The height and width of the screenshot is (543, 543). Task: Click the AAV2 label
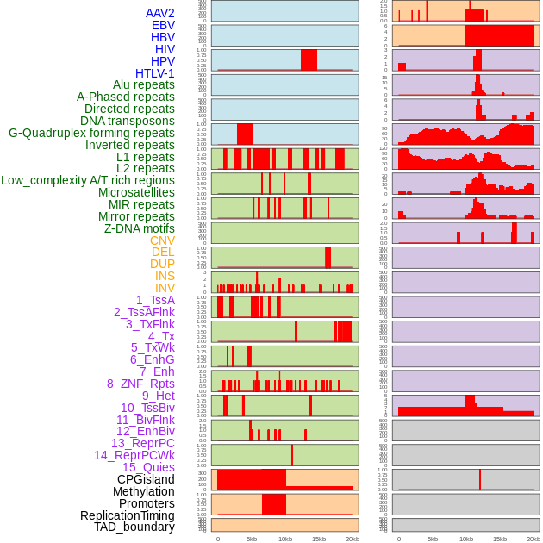click(159, 13)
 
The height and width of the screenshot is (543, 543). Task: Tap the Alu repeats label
click(144, 84)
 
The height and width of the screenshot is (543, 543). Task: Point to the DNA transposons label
click(128, 121)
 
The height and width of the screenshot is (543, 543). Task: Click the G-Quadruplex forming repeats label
click(91, 133)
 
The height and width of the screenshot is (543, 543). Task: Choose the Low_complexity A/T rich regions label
click(88, 180)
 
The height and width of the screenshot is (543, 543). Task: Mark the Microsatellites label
click(136, 192)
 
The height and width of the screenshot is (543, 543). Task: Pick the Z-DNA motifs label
click(140, 228)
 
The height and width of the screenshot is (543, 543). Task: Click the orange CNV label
click(162, 240)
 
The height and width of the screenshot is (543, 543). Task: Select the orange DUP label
click(162, 264)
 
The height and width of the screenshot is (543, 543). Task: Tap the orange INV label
click(165, 288)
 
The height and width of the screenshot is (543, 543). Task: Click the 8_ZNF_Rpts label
click(140, 384)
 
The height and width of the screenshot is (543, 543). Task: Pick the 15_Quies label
click(148, 467)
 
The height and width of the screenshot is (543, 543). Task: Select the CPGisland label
click(146, 479)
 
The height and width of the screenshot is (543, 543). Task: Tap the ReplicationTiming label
click(128, 515)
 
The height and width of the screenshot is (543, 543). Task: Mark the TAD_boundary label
click(134, 527)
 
